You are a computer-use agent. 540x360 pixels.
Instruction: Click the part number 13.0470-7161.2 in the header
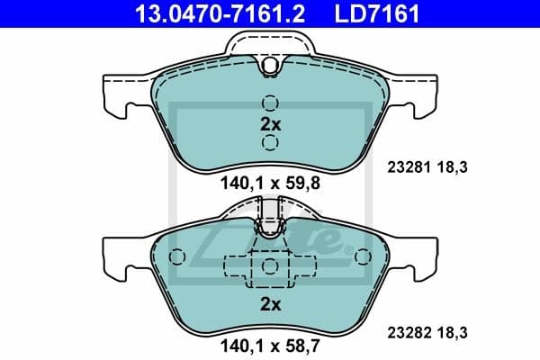[206, 13]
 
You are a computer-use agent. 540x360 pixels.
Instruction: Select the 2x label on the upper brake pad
[270, 125]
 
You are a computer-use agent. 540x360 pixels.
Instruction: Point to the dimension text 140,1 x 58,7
[270, 343]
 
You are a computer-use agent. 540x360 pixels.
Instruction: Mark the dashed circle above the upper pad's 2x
[270, 103]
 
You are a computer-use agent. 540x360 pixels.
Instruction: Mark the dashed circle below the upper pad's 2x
[270, 146]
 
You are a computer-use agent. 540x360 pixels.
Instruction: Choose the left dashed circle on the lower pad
[177, 257]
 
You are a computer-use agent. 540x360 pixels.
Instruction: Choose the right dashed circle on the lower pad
[363, 257]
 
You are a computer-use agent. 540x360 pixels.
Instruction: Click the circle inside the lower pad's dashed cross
[270, 267]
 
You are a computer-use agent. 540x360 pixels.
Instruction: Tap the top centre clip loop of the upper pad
[270, 63]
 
